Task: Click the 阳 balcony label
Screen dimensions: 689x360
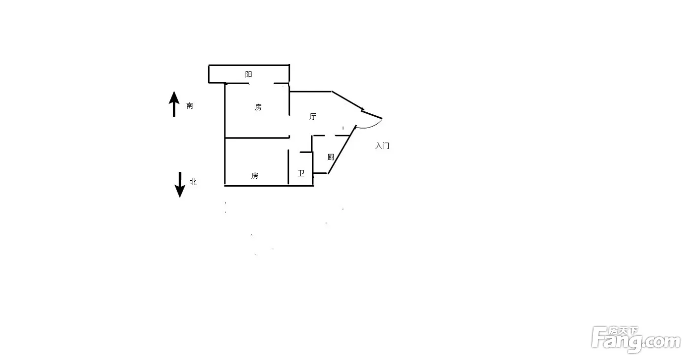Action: (x=249, y=74)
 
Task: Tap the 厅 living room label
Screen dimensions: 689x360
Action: (x=313, y=116)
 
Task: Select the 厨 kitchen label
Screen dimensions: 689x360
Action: (x=331, y=157)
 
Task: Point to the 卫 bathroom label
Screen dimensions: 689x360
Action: (x=301, y=173)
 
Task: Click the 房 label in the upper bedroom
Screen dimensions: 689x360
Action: (x=258, y=107)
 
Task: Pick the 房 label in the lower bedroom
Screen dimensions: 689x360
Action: (x=255, y=175)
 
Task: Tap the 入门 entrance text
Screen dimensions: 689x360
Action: (x=382, y=146)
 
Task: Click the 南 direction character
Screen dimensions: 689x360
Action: (x=190, y=106)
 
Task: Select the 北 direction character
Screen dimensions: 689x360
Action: (x=193, y=182)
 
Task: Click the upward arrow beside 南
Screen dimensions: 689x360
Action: (x=174, y=104)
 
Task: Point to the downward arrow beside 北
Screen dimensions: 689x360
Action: (x=180, y=185)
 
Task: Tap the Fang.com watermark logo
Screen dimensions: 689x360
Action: (x=636, y=339)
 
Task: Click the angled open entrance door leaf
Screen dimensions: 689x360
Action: (x=372, y=114)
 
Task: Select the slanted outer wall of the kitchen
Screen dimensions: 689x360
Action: (x=342, y=150)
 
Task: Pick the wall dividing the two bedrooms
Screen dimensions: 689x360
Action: (x=257, y=138)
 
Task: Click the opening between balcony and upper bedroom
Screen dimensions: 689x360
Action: (x=261, y=83)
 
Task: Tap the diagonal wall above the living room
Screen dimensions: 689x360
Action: (x=347, y=100)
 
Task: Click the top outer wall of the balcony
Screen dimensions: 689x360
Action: (x=249, y=65)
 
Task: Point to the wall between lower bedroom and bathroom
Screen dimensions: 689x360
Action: (x=288, y=167)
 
